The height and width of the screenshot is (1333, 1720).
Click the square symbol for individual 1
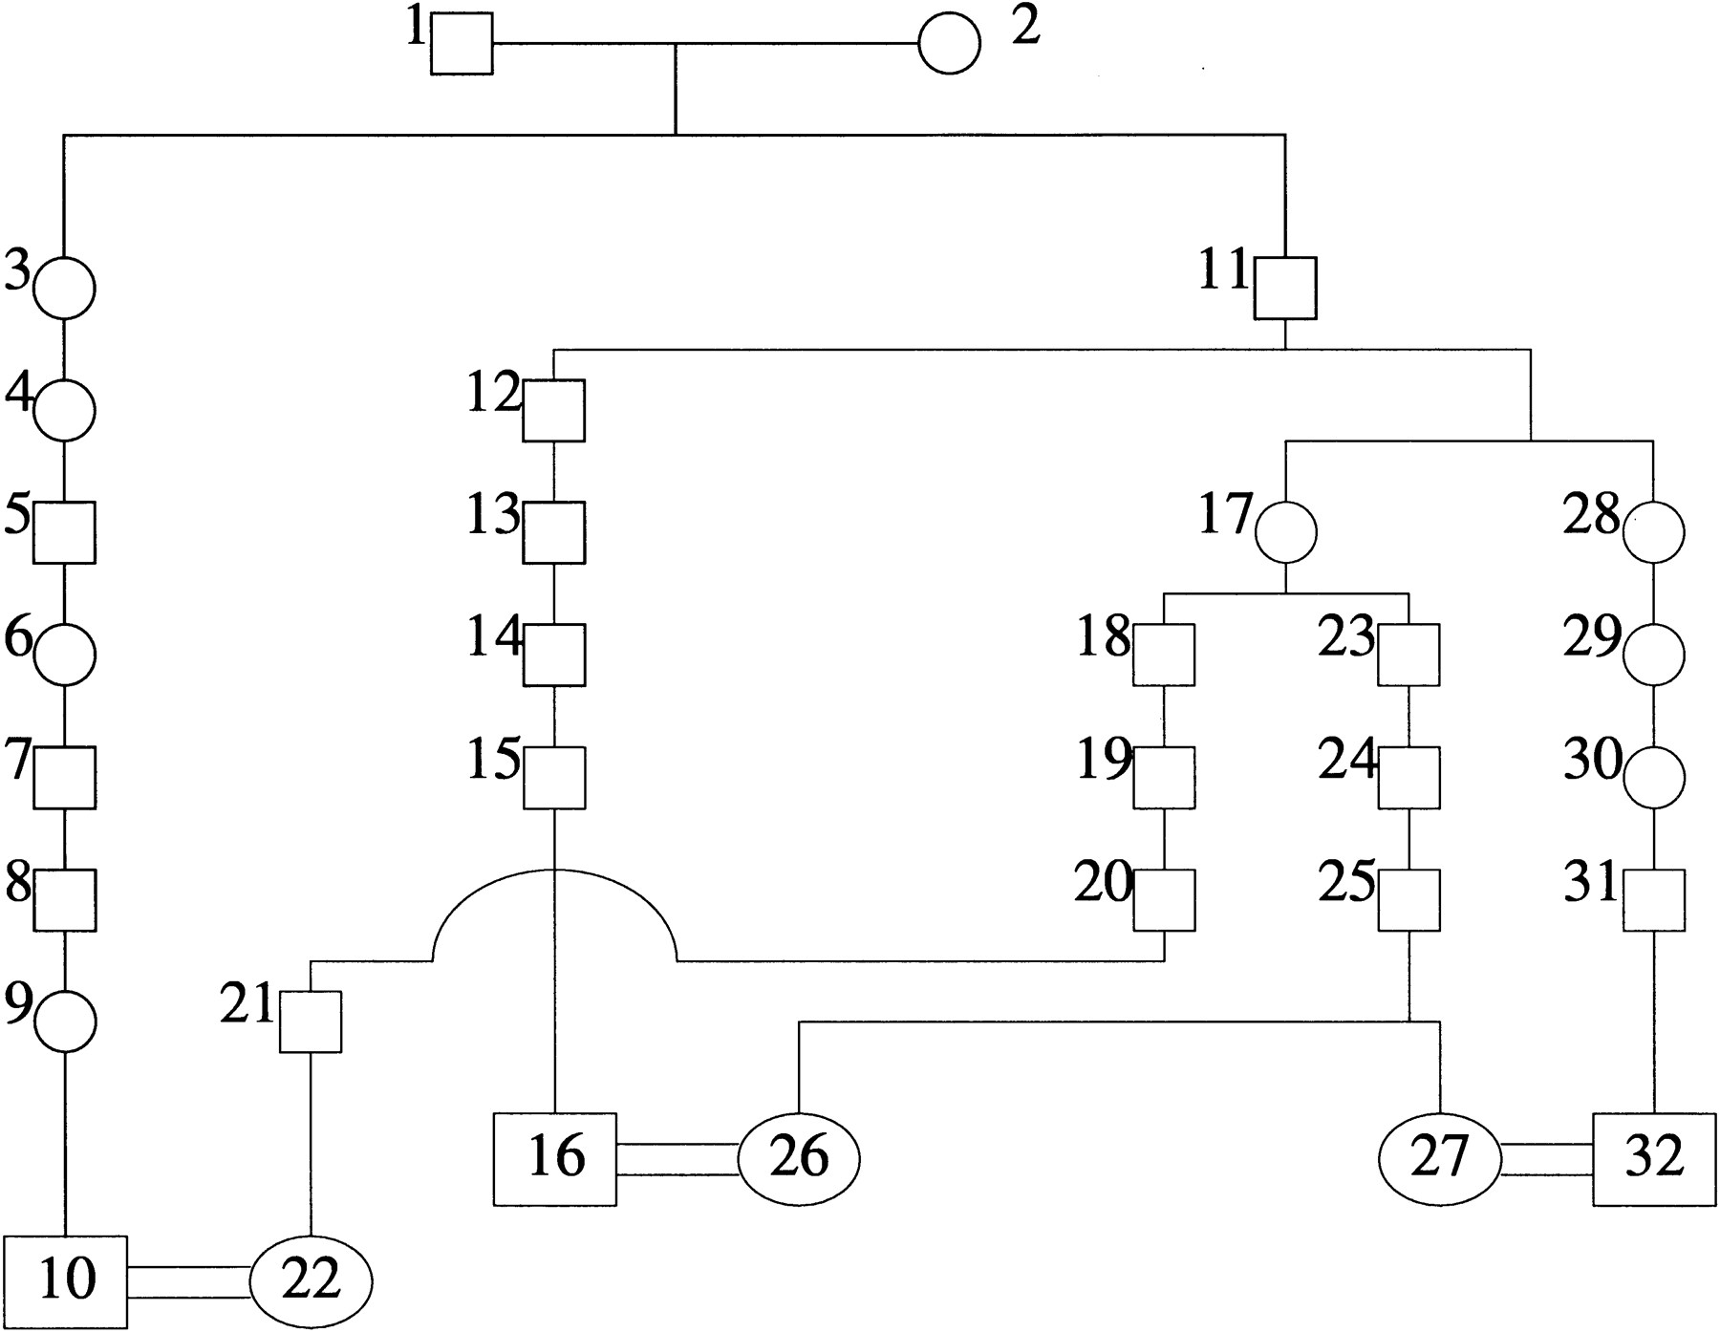click(462, 43)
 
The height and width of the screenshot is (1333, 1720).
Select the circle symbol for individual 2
click(949, 43)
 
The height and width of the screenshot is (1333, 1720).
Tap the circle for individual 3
click(64, 288)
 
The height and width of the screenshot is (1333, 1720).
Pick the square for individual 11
click(1285, 288)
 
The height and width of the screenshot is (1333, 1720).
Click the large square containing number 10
click(64, 1281)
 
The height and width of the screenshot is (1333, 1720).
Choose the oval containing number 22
click(311, 1281)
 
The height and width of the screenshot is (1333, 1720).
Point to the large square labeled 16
click(554, 1159)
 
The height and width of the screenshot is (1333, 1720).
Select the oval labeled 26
click(799, 1159)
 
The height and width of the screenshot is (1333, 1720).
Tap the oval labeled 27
click(1439, 1159)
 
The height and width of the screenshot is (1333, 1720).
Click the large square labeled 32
click(1654, 1159)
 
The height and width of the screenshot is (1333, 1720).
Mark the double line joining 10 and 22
click(188, 1281)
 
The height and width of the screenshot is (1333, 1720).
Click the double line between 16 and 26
click(677, 1159)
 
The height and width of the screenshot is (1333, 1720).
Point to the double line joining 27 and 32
click(1547, 1159)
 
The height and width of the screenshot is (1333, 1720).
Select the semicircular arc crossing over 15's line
click(555, 871)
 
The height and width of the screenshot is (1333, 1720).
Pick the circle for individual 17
click(1285, 532)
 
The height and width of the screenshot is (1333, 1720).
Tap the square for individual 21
click(311, 1021)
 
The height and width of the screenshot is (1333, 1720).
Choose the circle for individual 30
click(1654, 777)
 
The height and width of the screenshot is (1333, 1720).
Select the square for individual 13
click(554, 532)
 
